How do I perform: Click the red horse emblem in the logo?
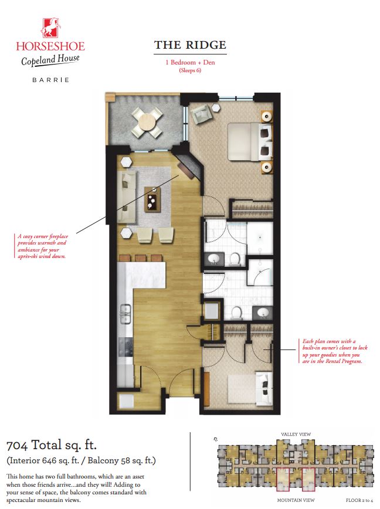50,27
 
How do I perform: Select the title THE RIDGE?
190,45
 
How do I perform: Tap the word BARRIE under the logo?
50,80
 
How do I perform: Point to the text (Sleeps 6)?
189,70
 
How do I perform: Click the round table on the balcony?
147,122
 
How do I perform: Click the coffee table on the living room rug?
154,198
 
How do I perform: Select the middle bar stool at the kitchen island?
140,258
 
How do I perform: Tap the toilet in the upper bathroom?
235,259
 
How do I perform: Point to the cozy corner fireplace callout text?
42,246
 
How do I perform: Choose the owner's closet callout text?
331,351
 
